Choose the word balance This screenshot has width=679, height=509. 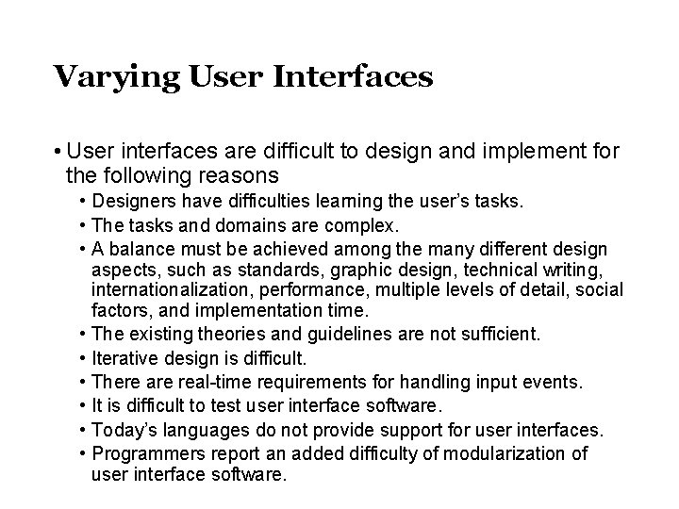point(145,249)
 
